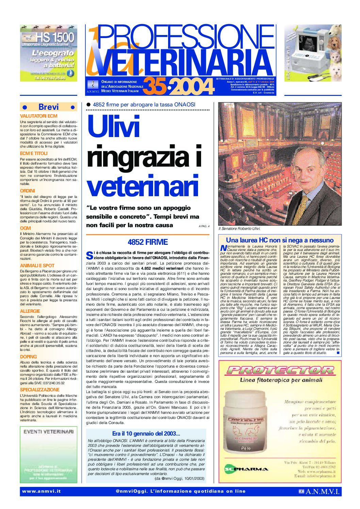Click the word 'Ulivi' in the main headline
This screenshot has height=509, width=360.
coord(114,127)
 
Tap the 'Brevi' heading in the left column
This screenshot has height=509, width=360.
coord(49,107)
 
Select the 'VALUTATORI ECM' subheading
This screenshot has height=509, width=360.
coord(39,116)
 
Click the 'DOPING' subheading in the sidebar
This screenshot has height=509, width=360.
coord(29,357)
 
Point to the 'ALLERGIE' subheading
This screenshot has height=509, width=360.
coord(30,311)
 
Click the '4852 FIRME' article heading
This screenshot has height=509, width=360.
coord(148,242)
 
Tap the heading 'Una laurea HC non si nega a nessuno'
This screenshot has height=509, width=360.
coord(280,240)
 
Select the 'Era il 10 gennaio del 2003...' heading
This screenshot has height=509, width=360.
coord(146,434)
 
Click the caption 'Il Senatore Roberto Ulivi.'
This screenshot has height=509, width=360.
coord(239,229)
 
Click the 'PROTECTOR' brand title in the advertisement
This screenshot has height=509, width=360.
coord(280,370)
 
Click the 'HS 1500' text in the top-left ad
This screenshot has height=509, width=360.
coord(55,37)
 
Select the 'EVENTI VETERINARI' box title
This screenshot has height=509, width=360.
coord(49,431)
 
